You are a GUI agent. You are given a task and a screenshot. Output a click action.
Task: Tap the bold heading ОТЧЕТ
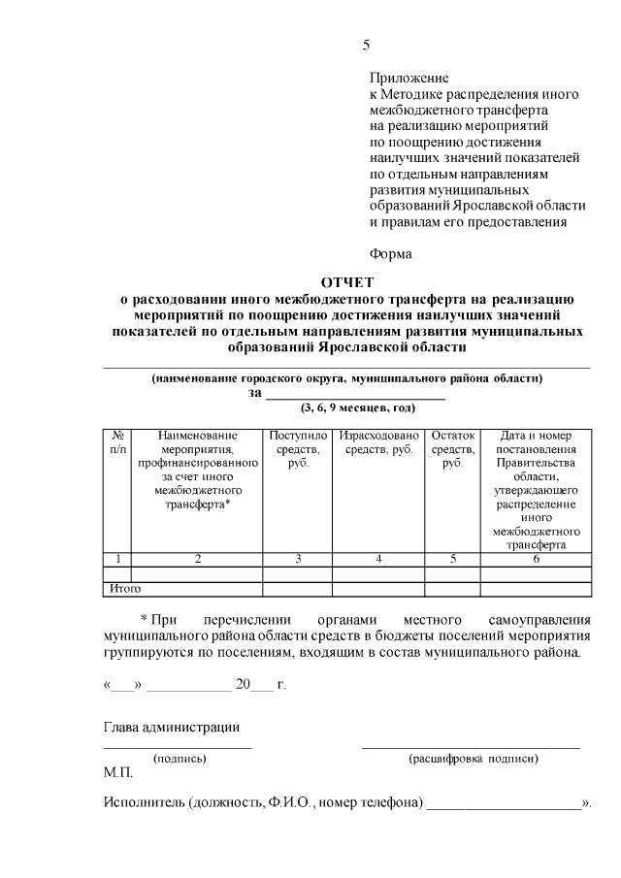[x=346, y=281]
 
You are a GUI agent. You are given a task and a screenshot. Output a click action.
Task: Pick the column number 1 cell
[x=116, y=558]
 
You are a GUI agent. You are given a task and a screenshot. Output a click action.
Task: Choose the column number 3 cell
[x=298, y=558]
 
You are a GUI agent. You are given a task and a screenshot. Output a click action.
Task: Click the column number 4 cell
[x=378, y=558]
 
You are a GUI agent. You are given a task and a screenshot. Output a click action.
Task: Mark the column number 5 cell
[x=453, y=558]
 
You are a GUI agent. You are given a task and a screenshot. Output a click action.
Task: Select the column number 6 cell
[x=536, y=558]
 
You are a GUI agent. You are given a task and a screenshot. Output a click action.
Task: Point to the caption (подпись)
[x=179, y=759]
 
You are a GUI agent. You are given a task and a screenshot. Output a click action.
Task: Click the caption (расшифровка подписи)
[x=473, y=759]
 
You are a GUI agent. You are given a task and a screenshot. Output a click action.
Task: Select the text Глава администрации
[x=171, y=728]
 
